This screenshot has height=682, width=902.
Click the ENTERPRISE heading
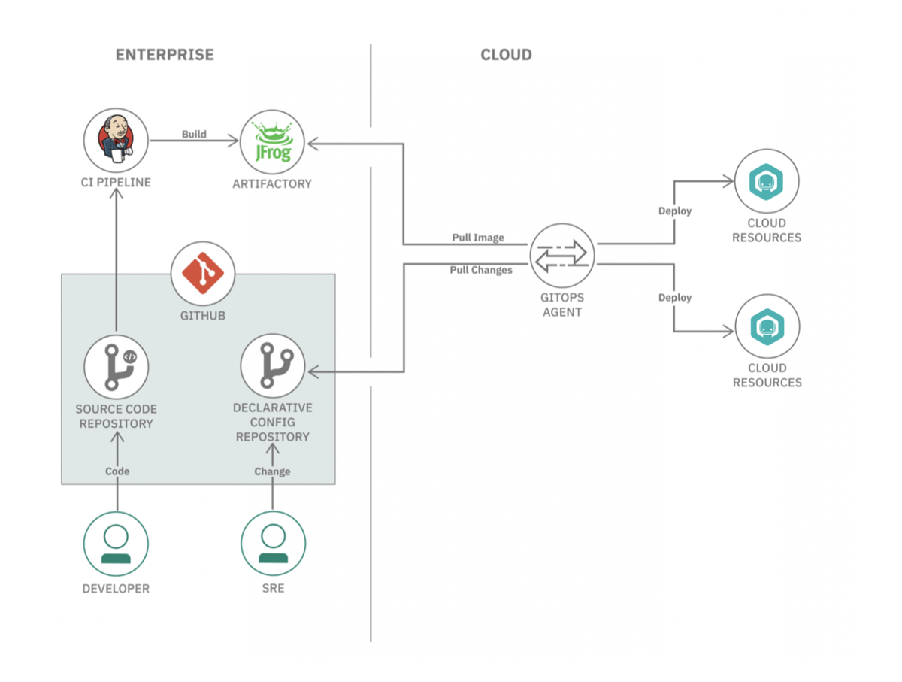coord(165,55)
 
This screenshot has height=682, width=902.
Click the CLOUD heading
coord(507,55)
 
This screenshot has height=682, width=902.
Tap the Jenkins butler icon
coord(116,139)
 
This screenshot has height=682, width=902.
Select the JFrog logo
coord(272,142)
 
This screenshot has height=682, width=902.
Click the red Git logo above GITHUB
coord(203,273)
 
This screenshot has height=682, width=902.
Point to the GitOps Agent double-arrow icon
coord(562,256)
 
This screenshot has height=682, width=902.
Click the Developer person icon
coord(116,544)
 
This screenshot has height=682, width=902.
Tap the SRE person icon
coord(274,543)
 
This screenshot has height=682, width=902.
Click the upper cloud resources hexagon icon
coord(767,182)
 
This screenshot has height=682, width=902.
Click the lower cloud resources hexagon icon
coord(767,327)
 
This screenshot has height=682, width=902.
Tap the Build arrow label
coord(194,134)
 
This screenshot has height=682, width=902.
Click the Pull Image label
coord(478,238)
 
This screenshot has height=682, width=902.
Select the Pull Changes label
coord(481,270)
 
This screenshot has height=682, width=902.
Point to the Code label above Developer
coord(117,471)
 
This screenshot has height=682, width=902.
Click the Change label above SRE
coord(272,471)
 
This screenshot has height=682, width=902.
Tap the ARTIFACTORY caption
coord(272,183)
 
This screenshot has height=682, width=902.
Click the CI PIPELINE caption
coord(116,183)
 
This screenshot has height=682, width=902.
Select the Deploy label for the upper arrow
coord(675,211)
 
